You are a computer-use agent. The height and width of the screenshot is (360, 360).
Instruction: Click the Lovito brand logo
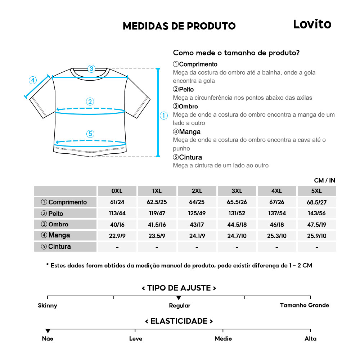(312, 24)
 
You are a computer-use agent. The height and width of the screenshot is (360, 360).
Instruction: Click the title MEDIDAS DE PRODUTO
(179, 26)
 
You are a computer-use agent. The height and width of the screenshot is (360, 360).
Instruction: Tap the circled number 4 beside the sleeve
(33, 80)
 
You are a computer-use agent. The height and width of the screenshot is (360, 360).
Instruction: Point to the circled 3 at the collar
(91, 68)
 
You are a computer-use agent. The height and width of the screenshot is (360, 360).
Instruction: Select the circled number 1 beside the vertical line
(164, 116)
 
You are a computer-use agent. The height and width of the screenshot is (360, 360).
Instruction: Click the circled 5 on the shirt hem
(90, 134)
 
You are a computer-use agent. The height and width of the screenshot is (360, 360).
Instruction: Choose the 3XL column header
(237, 191)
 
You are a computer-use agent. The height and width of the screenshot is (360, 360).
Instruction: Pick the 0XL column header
(117, 191)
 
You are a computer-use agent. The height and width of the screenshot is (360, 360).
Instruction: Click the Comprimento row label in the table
(65, 202)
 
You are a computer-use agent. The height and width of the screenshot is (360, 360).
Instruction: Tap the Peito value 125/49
(197, 213)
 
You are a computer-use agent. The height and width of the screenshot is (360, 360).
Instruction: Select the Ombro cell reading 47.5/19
(316, 224)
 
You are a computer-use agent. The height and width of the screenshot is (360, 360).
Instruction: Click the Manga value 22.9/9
(117, 235)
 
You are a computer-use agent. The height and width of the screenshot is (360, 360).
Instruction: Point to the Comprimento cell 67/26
(276, 202)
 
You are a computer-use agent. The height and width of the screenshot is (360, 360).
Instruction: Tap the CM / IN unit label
(324, 180)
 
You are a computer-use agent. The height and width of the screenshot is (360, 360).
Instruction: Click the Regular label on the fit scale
(180, 306)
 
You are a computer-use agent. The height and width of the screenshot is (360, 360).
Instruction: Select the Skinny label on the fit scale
(48, 306)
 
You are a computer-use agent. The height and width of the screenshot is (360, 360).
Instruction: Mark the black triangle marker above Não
(48, 331)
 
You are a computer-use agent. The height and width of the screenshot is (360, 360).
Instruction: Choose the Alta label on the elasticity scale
(310, 338)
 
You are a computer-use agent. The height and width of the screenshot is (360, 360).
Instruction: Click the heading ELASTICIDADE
(179, 321)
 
